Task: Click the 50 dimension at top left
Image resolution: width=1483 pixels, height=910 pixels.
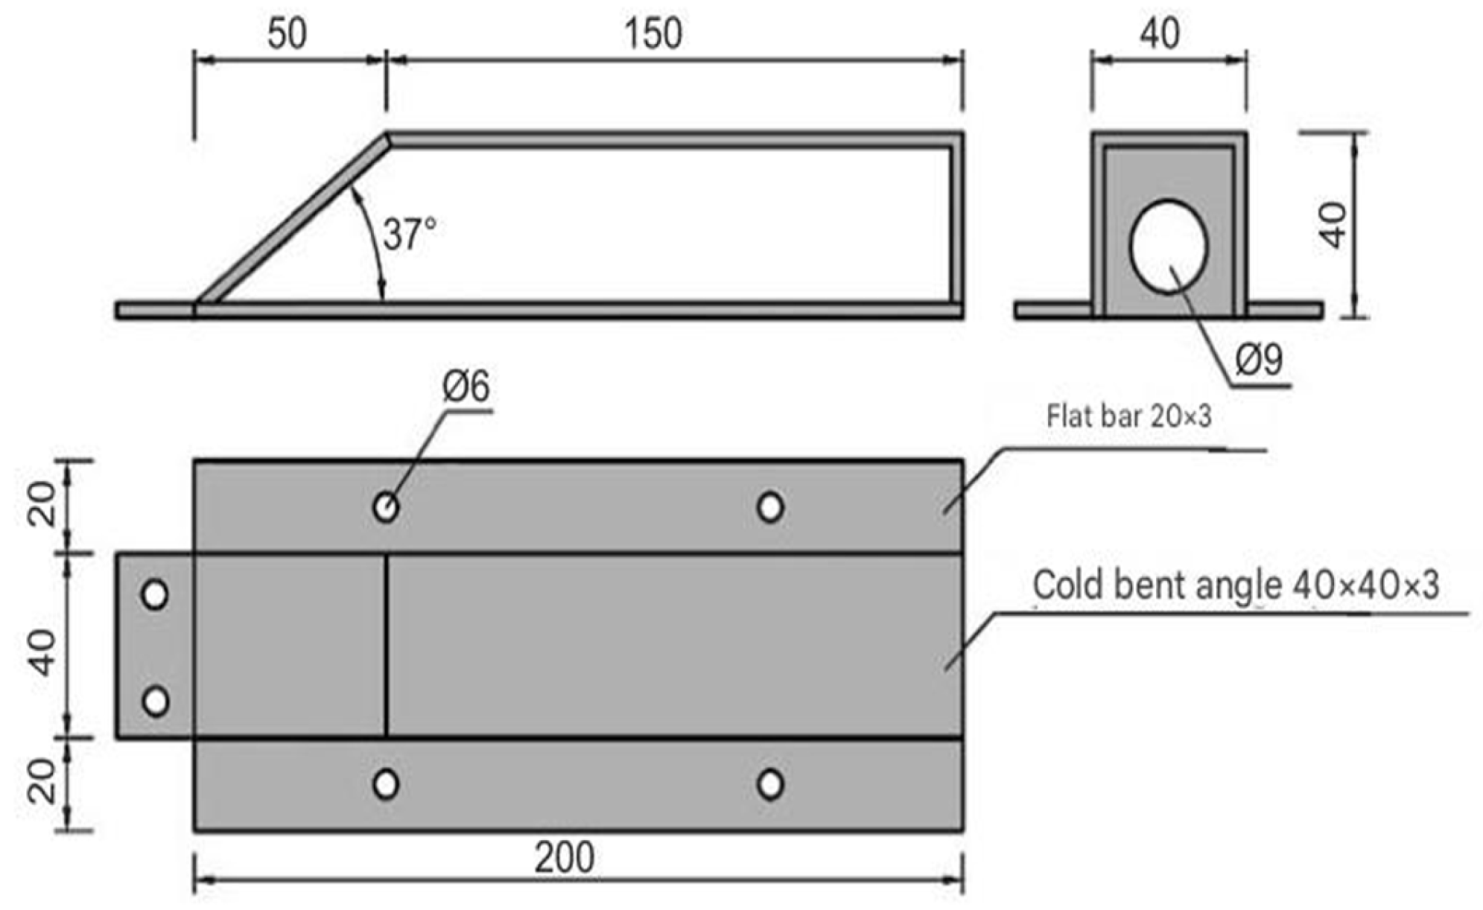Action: click(x=287, y=34)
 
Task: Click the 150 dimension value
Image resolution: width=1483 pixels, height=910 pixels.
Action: click(x=653, y=34)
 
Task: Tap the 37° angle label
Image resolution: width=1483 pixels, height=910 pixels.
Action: click(x=408, y=234)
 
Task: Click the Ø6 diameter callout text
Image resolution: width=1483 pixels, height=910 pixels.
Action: click(x=466, y=387)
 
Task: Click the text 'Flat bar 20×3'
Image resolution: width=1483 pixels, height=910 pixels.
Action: click(x=1128, y=416)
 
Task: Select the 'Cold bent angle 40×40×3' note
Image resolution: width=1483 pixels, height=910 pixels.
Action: click(x=1235, y=586)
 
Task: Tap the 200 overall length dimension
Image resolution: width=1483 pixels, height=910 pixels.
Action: click(x=564, y=859)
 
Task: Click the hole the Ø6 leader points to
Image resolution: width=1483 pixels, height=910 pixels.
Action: click(x=385, y=508)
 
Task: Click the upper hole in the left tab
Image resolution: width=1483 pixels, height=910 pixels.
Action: click(x=155, y=595)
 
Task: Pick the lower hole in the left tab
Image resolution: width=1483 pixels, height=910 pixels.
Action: click(x=155, y=701)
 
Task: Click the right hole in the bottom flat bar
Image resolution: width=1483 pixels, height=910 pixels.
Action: click(x=770, y=784)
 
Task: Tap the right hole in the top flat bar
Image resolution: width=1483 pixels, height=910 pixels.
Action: click(x=770, y=508)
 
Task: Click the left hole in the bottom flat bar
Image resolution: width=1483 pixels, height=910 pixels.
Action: click(x=385, y=784)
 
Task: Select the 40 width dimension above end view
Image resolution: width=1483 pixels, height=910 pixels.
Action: click(x=1160, y=34)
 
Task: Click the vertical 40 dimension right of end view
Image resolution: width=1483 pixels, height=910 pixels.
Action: click(x=1333, y=225)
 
